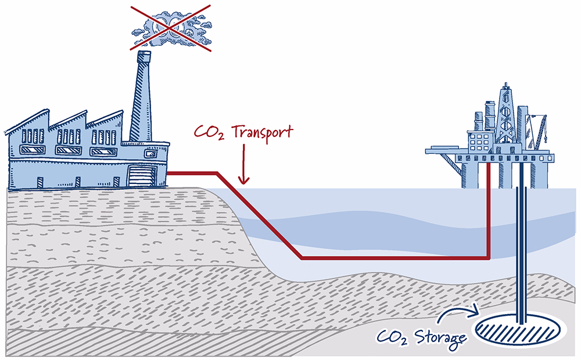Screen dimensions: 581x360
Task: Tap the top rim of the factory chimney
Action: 144,52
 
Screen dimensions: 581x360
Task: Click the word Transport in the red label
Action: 263,132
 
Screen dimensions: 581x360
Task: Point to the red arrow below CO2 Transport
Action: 243,164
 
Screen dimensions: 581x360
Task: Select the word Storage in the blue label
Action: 440,338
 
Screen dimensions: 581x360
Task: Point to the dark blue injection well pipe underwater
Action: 521,255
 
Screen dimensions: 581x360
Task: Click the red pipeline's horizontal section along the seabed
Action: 394,257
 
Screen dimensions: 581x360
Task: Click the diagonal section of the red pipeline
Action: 259,215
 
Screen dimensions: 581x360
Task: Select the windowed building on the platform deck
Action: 480,141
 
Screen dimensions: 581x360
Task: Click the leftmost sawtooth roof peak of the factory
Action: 47,110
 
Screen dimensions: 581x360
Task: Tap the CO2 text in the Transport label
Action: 209,133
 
